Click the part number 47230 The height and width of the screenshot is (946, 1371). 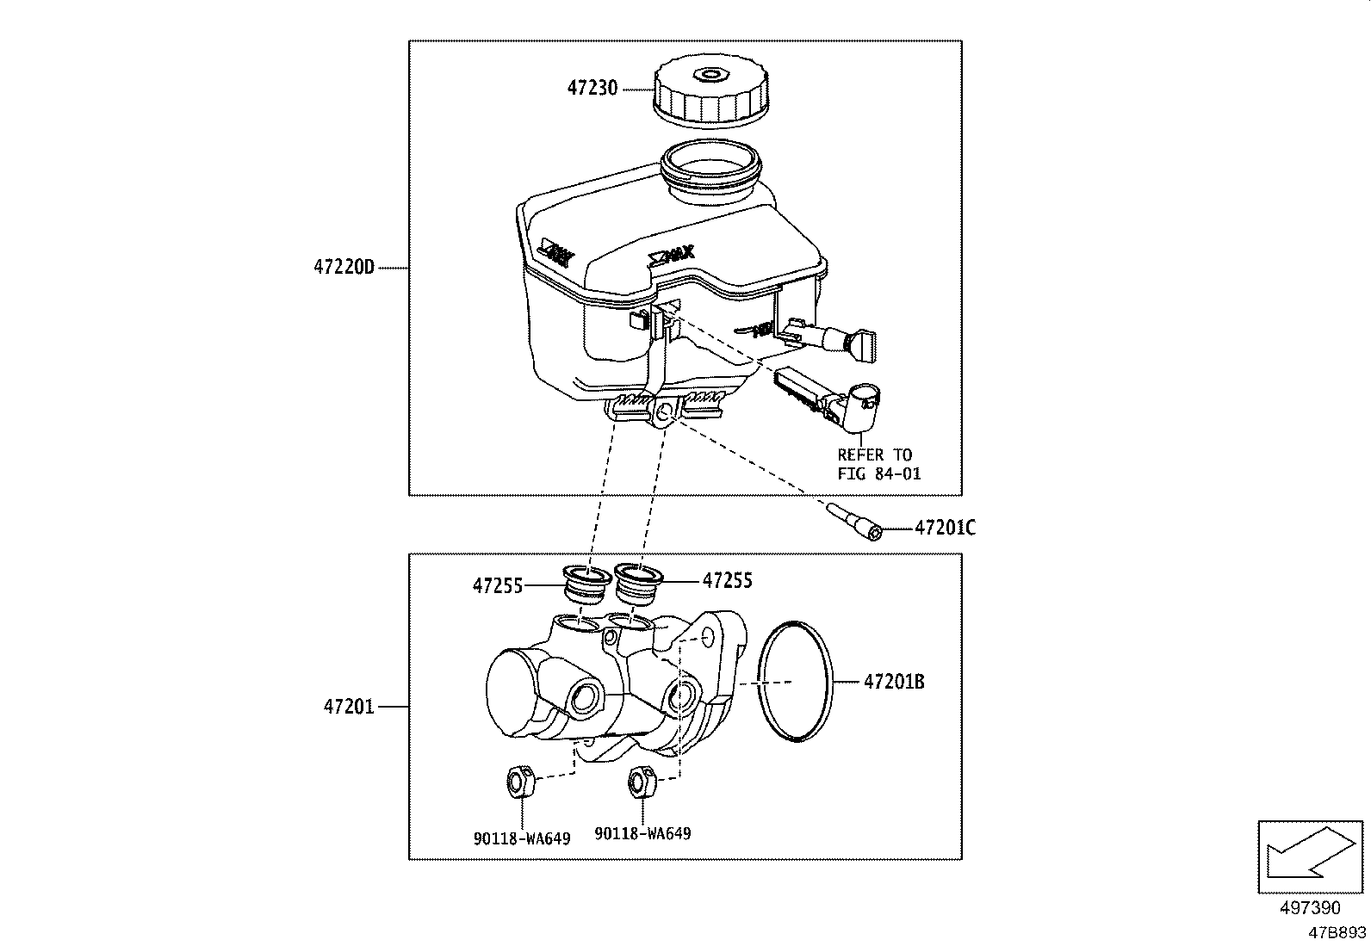pos(592,89)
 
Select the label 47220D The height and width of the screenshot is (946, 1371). pos(344,268)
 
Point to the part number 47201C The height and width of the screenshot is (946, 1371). pos(945,528)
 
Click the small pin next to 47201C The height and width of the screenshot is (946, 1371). pos(855,522)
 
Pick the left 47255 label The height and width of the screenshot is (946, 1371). pos(497,586)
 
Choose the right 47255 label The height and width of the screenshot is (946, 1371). pos(727,581)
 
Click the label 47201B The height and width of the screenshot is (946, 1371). pos(894,682)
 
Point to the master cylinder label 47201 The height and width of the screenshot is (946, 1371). pos(349,707)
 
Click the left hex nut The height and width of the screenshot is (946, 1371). pos(518,782)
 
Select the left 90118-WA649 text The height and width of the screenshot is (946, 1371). pos(521,838)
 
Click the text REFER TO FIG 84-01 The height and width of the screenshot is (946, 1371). pos(878,464)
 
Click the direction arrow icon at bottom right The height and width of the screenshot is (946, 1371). pos(1311,858)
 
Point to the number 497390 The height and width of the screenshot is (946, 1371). pos(1310,908)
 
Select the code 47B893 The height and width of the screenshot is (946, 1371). pos(1337,932)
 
